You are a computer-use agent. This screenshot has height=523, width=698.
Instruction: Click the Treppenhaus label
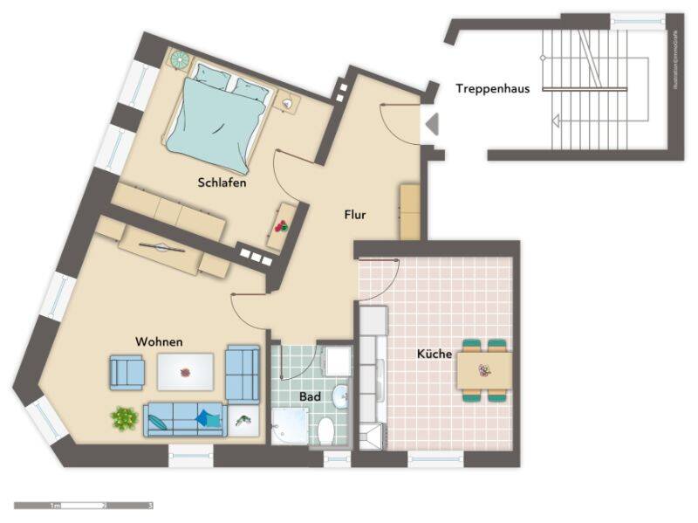[x=494, y=88]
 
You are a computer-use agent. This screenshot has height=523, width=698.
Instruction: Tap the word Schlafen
[x=222, y=183]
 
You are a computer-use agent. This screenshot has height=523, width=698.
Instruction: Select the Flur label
[x=354, y=214]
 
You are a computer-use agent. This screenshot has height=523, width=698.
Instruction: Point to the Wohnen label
[x=158, y=341]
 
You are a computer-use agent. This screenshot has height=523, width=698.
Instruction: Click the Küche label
[x=434, y=354]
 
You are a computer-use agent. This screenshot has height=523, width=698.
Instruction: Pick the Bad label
[x=310, y=396]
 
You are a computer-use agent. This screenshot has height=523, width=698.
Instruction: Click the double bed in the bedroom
[x=217, y=116]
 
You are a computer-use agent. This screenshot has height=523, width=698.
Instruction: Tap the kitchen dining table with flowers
[x=484, y=370]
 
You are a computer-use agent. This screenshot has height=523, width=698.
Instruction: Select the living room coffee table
[x=185, y=372]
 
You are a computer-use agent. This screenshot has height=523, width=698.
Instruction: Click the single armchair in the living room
[x=127, y=372]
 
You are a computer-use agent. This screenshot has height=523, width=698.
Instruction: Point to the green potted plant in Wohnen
[x=124, y=418]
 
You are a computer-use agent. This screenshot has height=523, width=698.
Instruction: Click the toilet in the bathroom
[x=325, y=430]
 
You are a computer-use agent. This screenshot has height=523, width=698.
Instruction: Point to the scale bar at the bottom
[x=83, y=506]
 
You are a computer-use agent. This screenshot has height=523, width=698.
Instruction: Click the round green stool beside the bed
[x=180, y=60]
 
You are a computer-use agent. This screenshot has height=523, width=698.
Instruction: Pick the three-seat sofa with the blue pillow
[x=184, y=419]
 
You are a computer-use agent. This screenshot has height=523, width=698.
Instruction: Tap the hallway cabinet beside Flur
[x=410, y=210]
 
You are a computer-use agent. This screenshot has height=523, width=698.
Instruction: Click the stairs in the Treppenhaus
[x=593, y=88]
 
